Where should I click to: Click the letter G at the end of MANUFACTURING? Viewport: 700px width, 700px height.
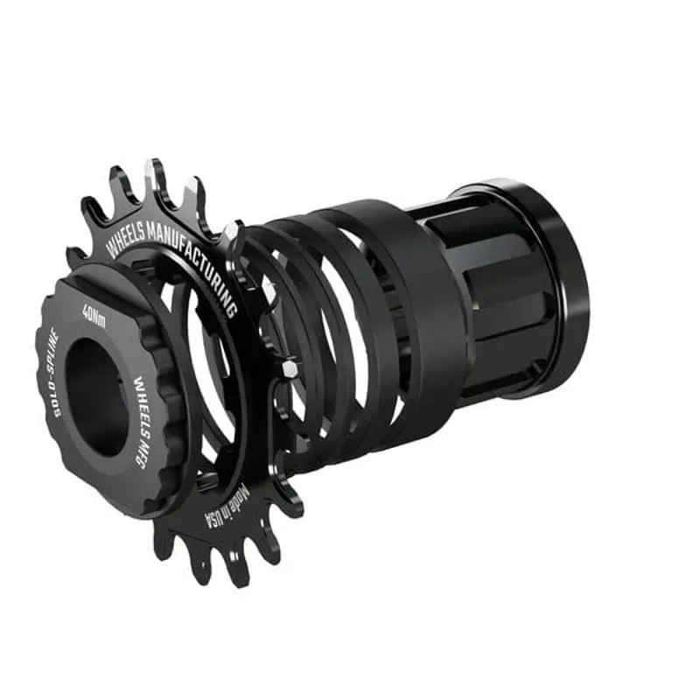click(x=232, y=311)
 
